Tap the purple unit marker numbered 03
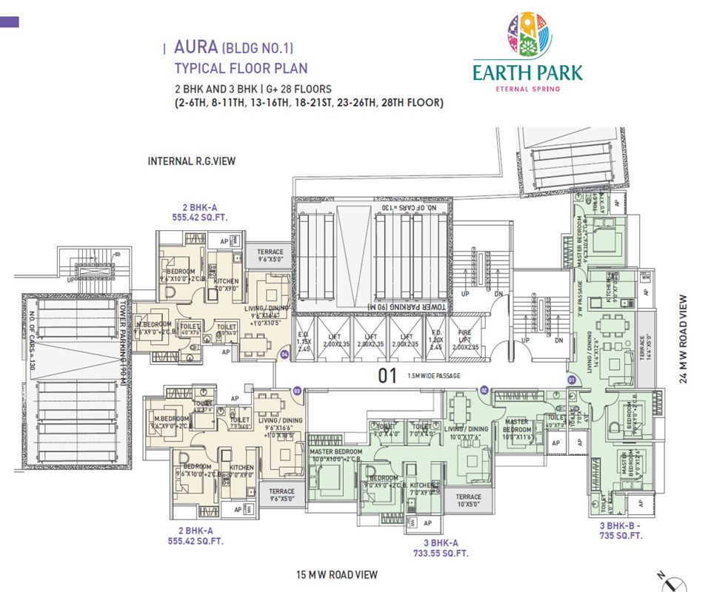point(297,390)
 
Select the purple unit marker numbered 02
point(483,390)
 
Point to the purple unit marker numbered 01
point(571,380)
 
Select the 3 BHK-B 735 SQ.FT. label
point(620,531)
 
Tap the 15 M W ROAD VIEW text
point(336,574)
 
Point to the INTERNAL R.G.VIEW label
point(191,161)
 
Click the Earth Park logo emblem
point(527,36)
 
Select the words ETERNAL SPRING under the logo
point(527,89)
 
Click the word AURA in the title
point(195,49)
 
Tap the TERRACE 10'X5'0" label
point(468,501)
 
